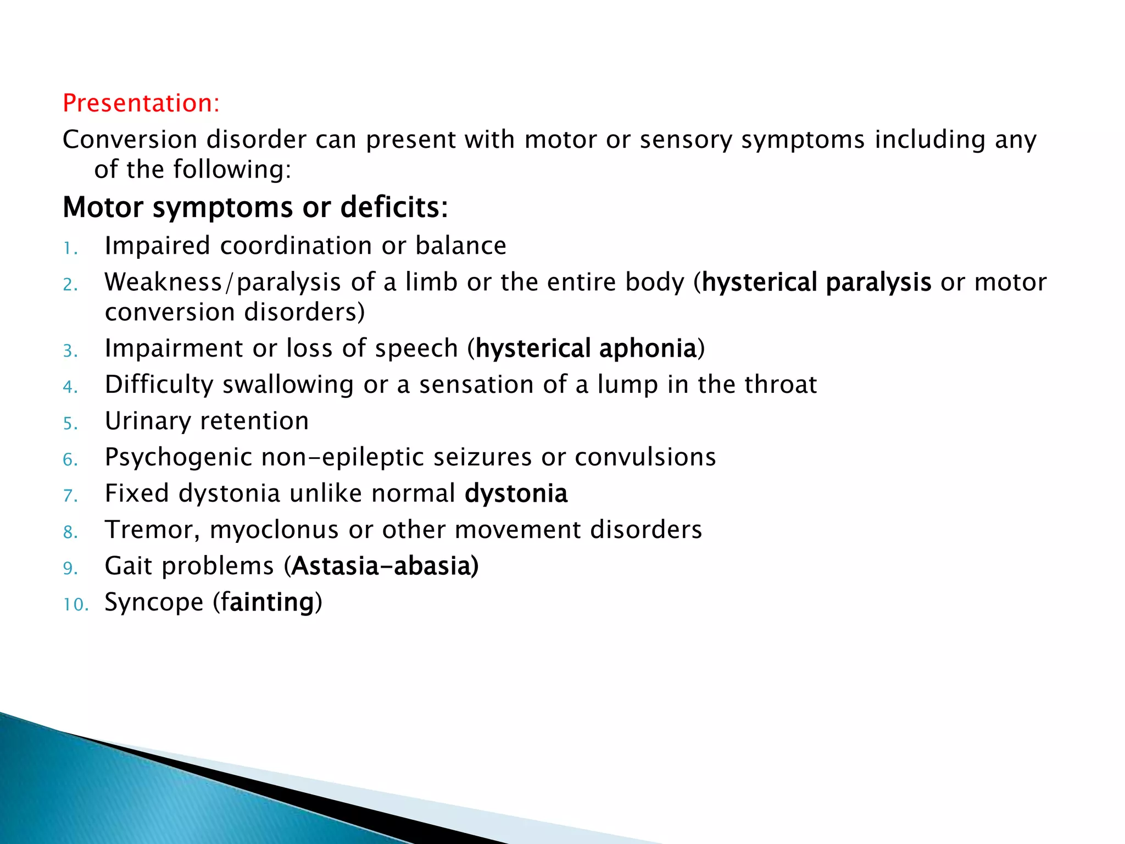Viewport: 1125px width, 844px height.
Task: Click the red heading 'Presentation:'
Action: point(141,103)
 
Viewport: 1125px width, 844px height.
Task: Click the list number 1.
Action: point(70,248)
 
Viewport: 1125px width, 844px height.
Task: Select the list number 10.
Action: point(75,604)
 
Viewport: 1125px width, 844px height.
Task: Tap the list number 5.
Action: point(70,424)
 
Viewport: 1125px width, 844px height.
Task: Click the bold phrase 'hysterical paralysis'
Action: point(816,282)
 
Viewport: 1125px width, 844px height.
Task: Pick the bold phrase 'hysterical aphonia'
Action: point(586,349)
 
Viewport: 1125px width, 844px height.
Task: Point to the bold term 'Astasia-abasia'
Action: point(385,567)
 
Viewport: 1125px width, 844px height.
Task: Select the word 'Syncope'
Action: point(154,603)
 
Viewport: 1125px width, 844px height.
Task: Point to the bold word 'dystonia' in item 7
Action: point(516,493)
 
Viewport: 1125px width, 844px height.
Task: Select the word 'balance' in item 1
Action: point(460,246)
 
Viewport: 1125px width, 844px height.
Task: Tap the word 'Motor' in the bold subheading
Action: point(103,208)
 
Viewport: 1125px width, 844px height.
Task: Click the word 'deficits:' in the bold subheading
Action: point(394,208)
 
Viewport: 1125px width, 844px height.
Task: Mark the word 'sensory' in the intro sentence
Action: point(686,140)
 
